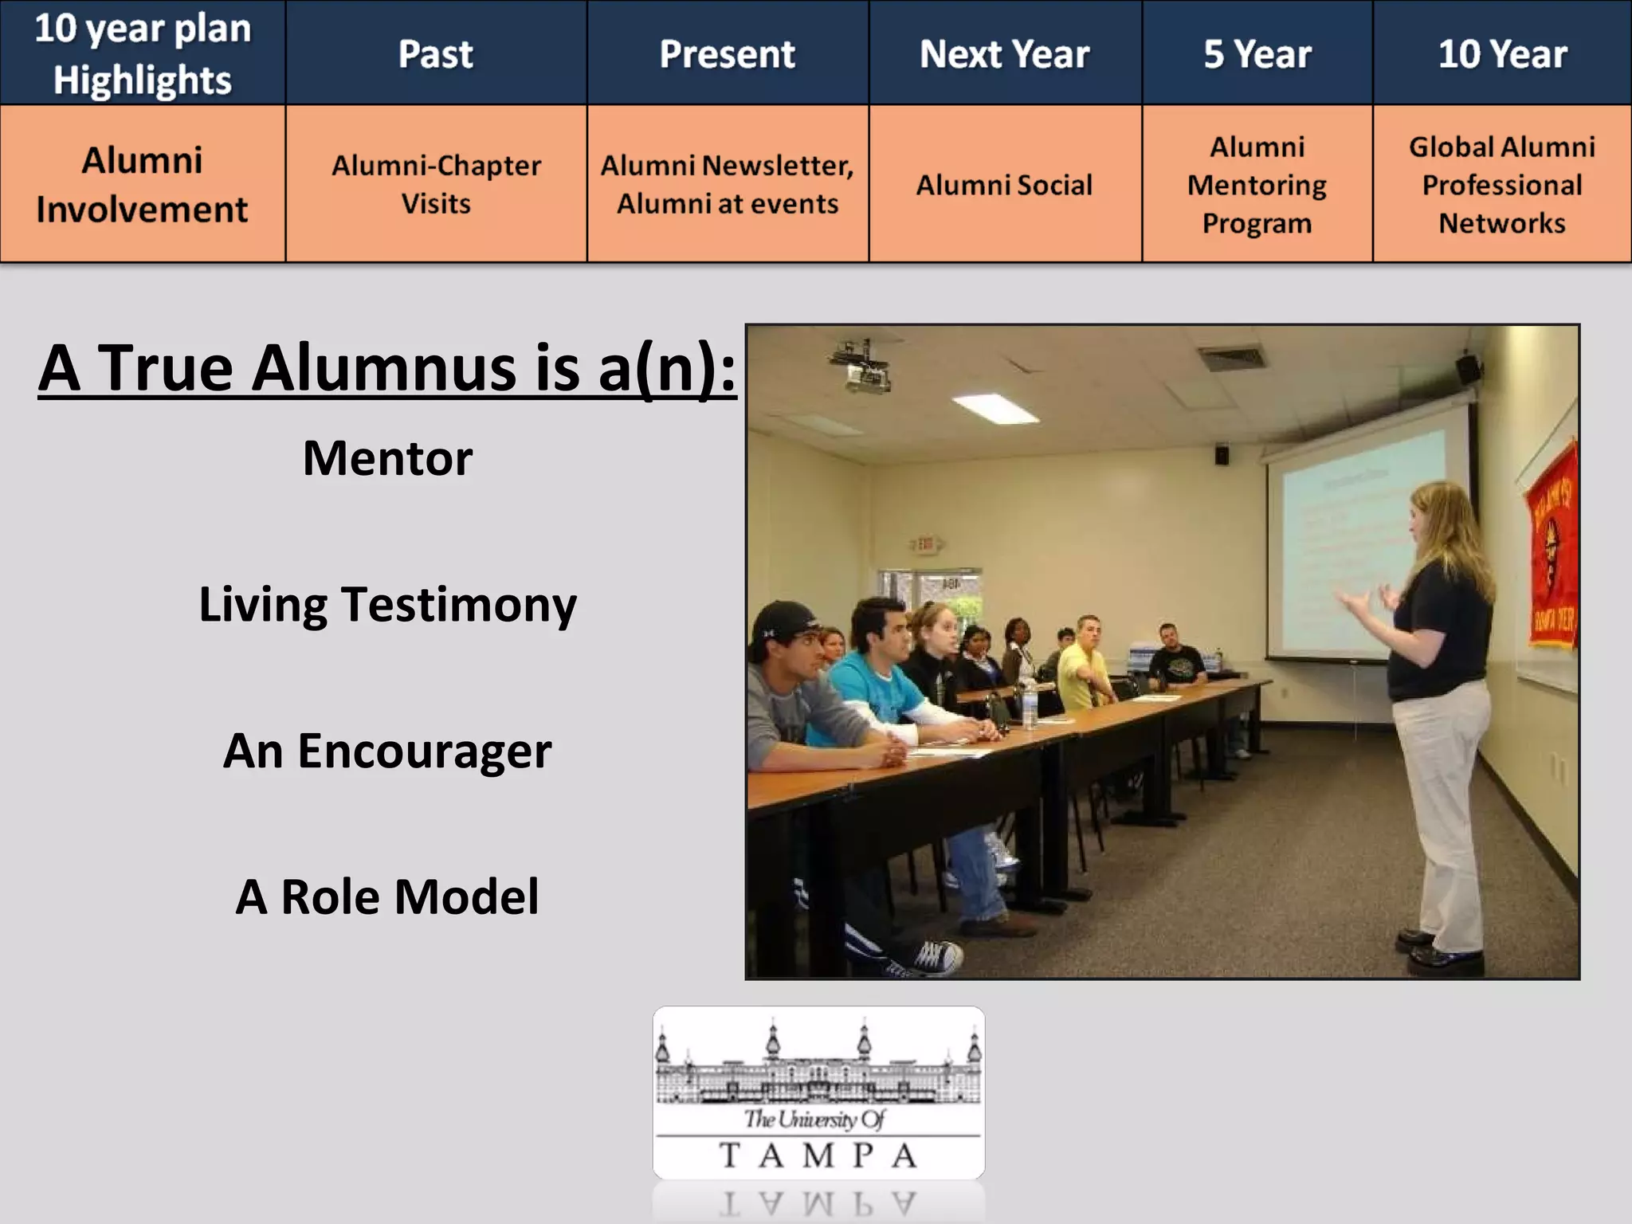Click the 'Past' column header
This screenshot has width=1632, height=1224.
[x=436, y=53]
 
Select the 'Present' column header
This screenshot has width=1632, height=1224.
[x=727, y=53]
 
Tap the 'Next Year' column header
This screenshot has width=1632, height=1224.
[x=1004, y=53]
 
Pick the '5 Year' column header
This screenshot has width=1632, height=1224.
[x=1257, y=53]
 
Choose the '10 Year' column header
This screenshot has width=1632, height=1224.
[x=1502, y=53]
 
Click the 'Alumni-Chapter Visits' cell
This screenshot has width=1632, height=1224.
[x=436, y=184]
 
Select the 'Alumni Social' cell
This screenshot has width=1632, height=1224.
[x=1004, y=185]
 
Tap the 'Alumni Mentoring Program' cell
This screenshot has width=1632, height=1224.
[x=1257, y=185]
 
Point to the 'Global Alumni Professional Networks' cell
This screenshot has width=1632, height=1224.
[x=1502, y=185]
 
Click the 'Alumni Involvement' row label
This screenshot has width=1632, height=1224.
[x=142, y=184]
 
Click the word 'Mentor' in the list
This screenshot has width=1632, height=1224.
[x=387, y=458]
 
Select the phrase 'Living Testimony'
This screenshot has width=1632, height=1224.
[x=387, y=604]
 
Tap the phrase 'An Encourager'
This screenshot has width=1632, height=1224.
[x=387, y=751]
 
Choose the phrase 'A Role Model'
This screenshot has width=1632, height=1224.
[x=387, y=896]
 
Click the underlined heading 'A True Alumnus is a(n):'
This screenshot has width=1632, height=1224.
[x=387, y=368]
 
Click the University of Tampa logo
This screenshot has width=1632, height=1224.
[x=818, y=1093]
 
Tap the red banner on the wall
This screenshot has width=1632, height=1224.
[x=1551, y=550]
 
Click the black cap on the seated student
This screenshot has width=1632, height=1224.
[x=785, y=620]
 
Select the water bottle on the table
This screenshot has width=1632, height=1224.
[x=1030, y=704]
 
